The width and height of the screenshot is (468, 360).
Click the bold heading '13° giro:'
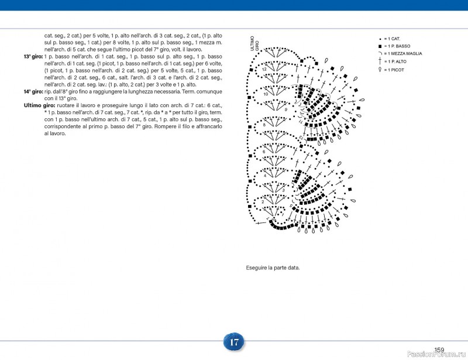point(33,56)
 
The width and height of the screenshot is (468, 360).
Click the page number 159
point(439,350)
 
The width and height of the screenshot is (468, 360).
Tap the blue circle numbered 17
point(234,342)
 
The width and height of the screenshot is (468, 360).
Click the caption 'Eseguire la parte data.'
point(273,268)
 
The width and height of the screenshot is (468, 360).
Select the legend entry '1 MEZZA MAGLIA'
point(402,53)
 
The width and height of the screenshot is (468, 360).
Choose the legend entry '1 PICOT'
point(394,70)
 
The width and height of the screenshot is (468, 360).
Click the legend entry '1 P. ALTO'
point(395,61)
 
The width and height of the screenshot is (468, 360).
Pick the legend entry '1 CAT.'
point(392,38)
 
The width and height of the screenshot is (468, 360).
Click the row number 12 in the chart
point(264,70)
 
